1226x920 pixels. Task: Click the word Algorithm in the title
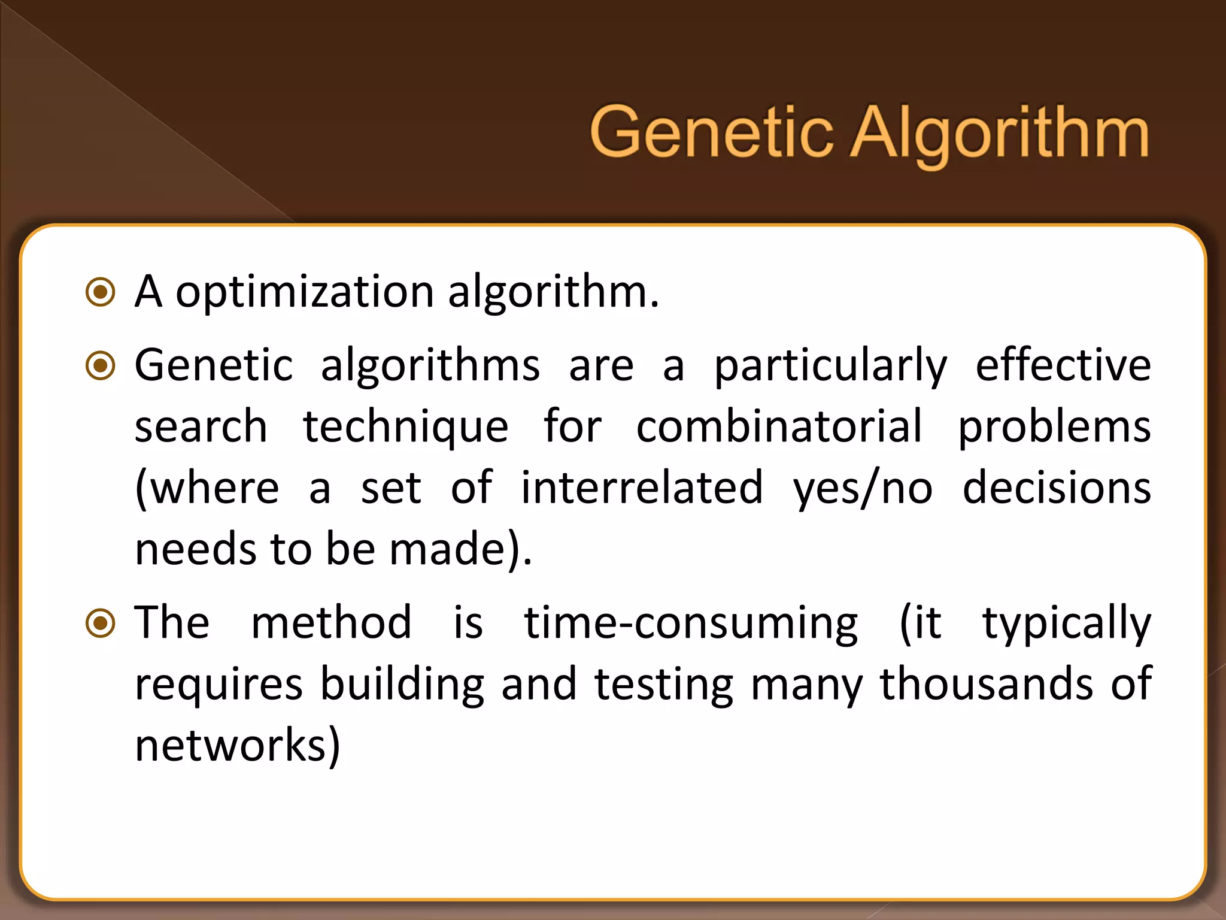tap(999, 134)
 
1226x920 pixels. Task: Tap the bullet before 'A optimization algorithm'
tap(101, 292)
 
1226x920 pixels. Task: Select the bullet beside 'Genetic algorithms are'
tap(101, 365)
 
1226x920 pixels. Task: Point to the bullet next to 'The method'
tap(101, 623)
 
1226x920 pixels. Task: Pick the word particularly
tap(831, 367)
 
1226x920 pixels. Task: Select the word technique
tap(405, 428)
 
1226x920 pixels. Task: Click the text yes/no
tap(863, 489)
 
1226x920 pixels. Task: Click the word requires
tap(219, 685)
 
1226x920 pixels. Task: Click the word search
tap(201, 428)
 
